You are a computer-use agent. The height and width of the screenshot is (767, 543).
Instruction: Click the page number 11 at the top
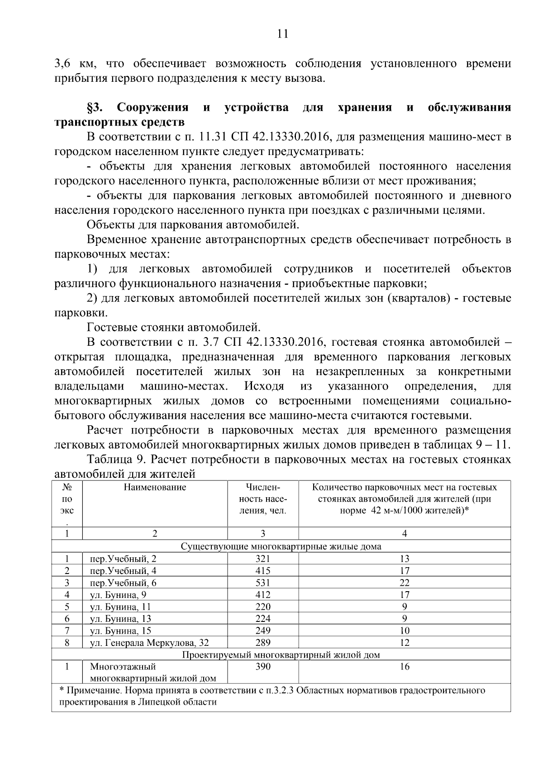click(x=282, y=34)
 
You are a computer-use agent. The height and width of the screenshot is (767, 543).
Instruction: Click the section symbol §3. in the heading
click(x=96, y=108)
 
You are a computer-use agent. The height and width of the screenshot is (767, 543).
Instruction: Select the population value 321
click(x=263, y=558)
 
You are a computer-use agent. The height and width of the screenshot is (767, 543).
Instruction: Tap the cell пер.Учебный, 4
click(x=124, y=570)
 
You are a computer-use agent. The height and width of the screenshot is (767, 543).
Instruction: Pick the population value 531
click(x=263, y=583)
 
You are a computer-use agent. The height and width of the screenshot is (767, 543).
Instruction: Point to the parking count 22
click(x=405, y=583)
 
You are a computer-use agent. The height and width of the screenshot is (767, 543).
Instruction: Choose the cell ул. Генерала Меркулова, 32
click(x=149, y=643)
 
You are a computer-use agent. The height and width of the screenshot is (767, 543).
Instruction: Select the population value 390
click(x=263, y=667)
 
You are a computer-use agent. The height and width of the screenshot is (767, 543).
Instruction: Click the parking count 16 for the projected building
click(x=405, y=667)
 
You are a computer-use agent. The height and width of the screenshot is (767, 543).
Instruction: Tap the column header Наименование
click(x=155, y=487)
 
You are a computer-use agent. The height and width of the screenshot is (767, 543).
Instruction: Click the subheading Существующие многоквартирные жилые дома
click(x=281, y=546)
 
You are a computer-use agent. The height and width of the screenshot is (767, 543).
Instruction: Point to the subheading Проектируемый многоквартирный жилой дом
click(x=281, y=654)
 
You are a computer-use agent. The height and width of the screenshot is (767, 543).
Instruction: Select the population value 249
click(x=263, y=631)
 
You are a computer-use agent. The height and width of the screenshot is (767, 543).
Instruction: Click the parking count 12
click(x=405, y=643)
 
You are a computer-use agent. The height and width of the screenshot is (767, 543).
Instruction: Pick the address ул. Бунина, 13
click(x=120, y=619)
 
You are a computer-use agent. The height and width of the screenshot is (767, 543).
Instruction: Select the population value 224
click(x=263, y=619)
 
